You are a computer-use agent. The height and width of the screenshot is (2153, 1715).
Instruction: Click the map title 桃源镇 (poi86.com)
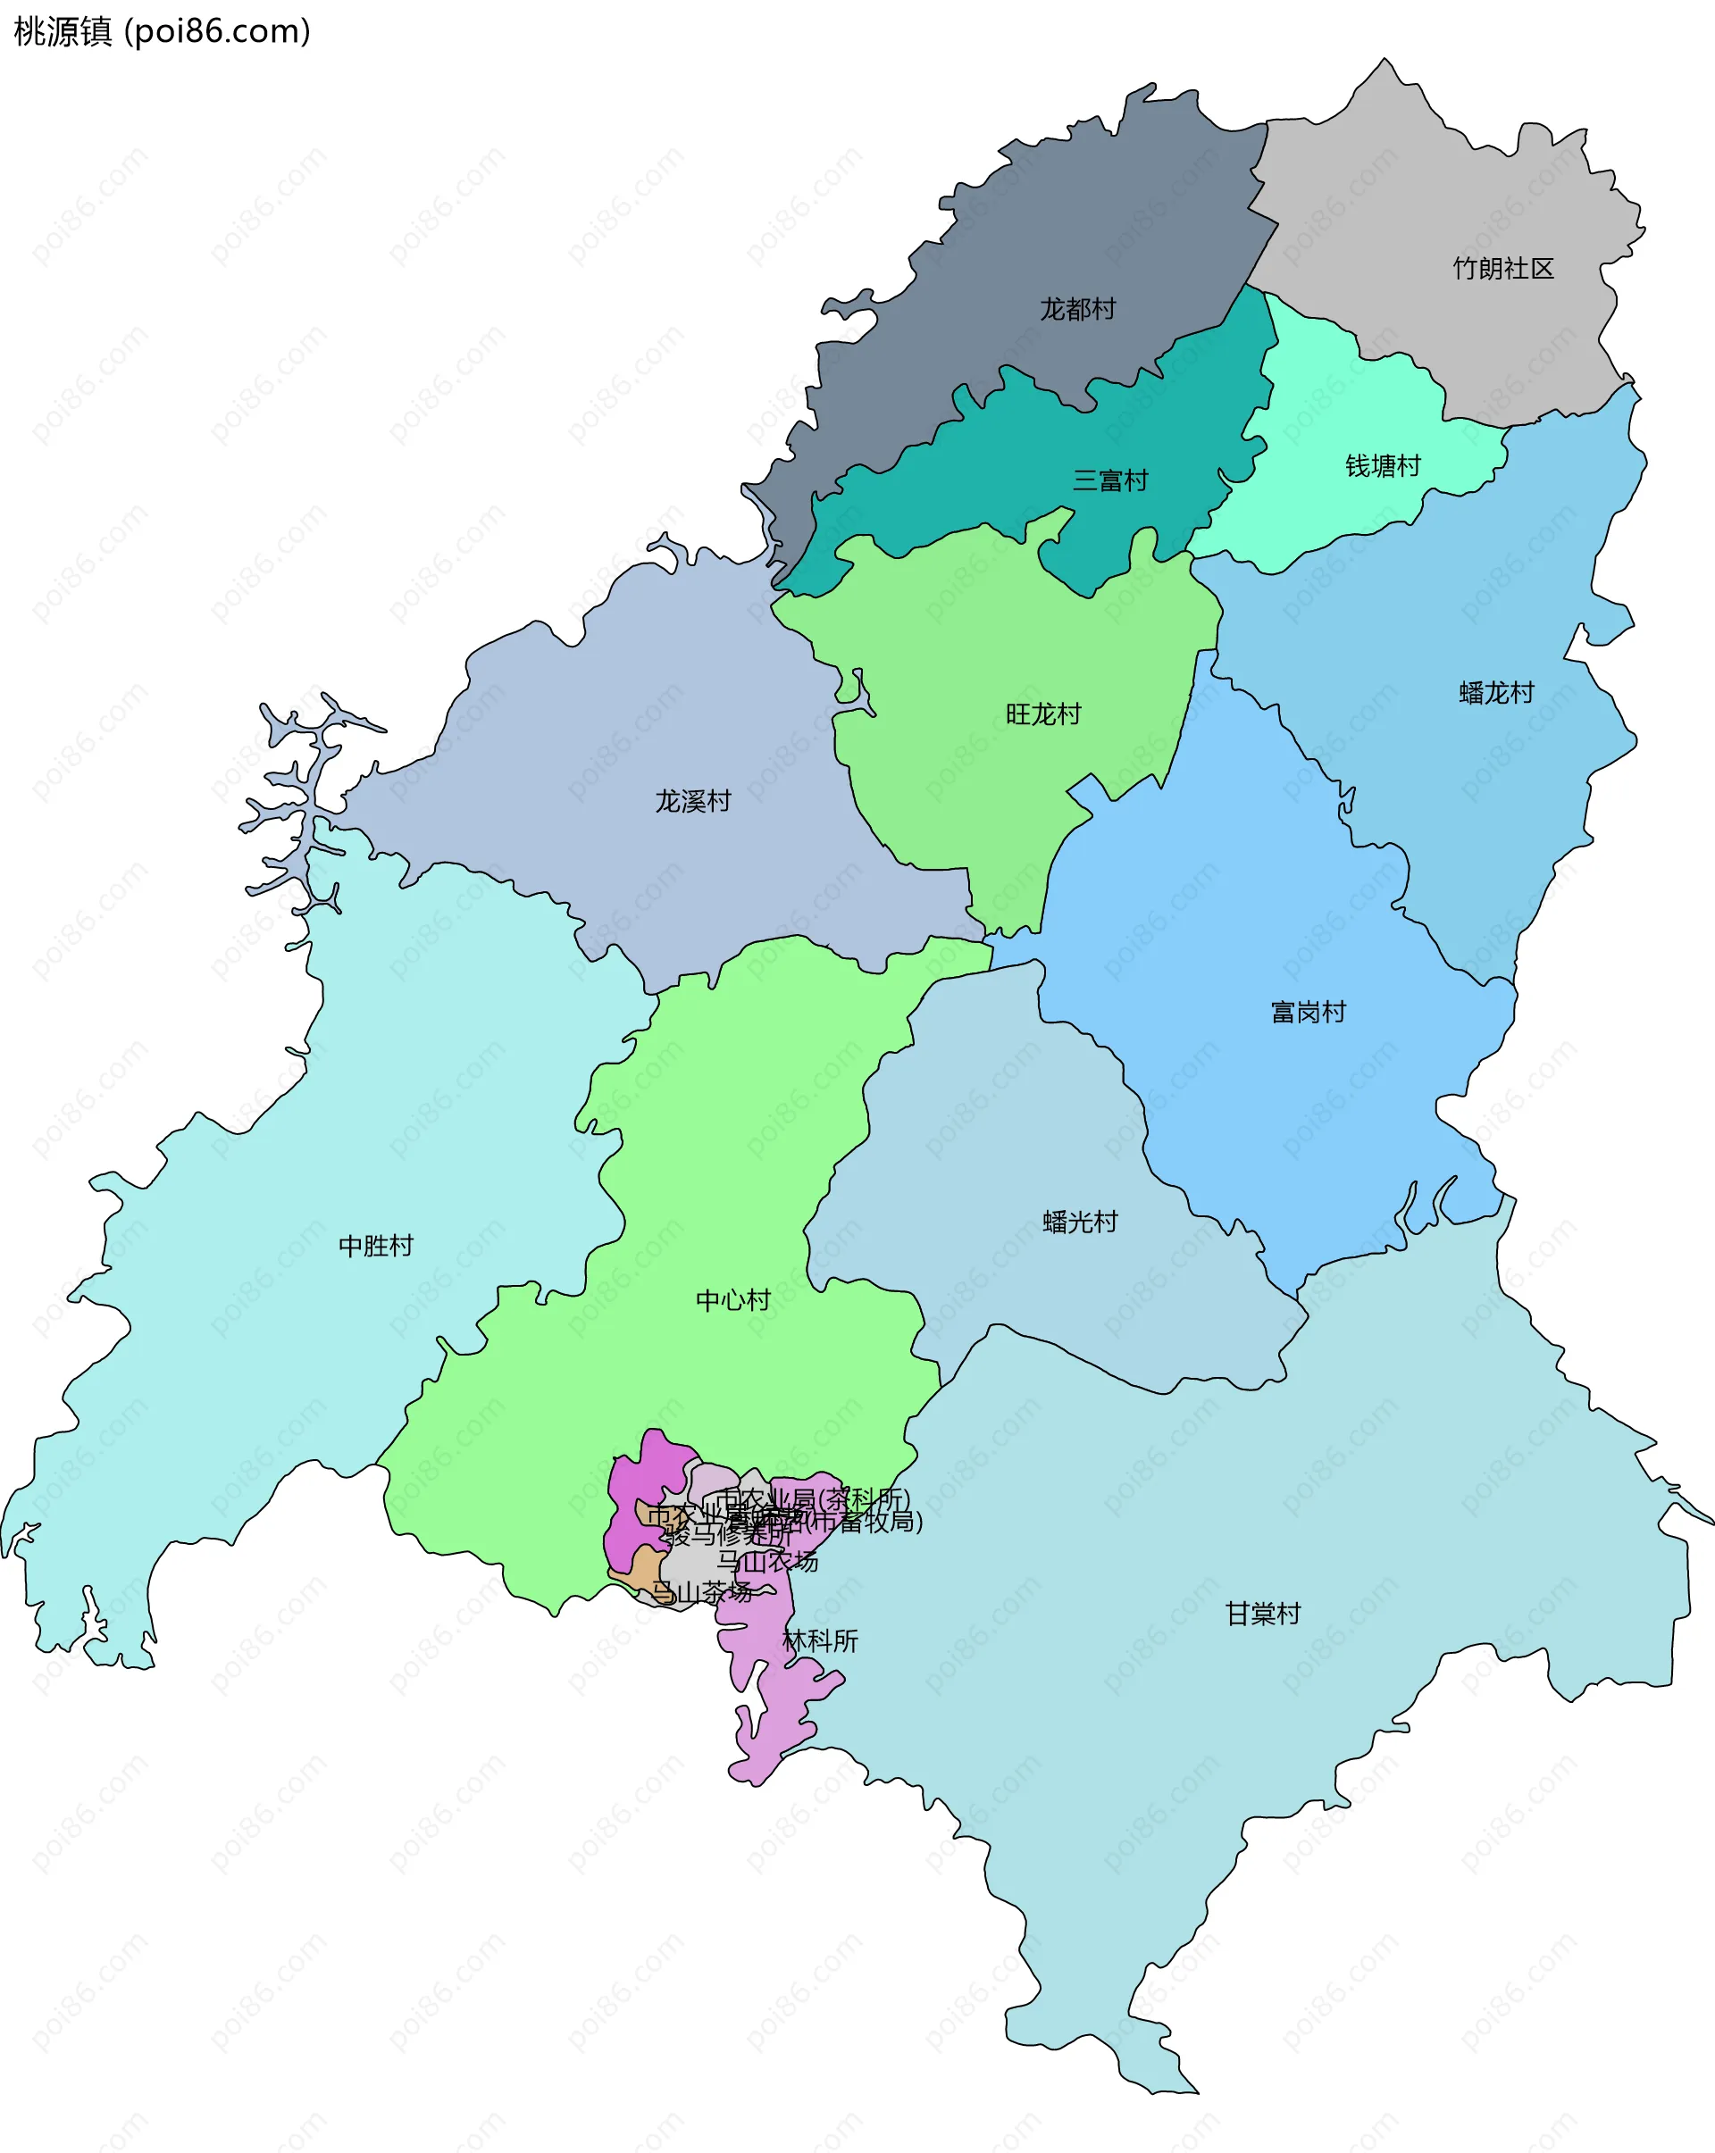(162, 32)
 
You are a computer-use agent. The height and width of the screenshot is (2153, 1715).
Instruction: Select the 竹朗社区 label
(1502, 269)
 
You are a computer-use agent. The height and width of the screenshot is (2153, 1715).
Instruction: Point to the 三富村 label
(1109, 481)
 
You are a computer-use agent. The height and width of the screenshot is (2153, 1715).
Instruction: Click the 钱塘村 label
(1383, 466)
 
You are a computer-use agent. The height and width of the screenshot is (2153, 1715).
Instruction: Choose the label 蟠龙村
(1495, 693)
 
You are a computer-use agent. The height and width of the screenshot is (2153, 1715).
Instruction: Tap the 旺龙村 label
(1042, 714)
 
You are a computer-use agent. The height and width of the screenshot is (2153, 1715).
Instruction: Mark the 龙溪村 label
(692, 801)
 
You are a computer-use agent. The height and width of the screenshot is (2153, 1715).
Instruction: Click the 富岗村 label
(1308, 1013)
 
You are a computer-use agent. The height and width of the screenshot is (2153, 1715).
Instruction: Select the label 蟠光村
(1080, 1223)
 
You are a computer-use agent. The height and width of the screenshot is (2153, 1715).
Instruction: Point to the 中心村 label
(732, 1300)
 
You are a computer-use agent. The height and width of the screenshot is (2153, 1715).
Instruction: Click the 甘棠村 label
(1262, 1614)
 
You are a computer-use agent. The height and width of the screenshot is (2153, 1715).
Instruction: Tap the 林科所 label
(820, 1640)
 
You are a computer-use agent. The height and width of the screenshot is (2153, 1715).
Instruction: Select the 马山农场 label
(767, 1561)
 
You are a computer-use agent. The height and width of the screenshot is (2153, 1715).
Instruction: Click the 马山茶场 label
(701, 1592)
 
